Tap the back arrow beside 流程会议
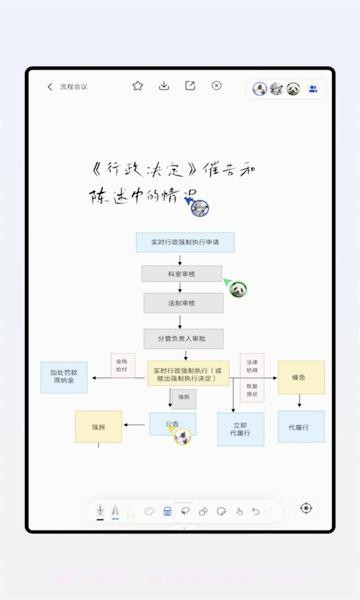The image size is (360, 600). click(x=50, y=87)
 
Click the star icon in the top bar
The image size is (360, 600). click(x=138, y=86)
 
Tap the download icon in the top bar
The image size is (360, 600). click(x=164, y=86)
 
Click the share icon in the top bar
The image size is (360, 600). click(x=190, y=86)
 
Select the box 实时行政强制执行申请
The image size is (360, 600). click(x=185, y=242)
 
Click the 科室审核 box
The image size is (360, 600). click(x=182, y=273)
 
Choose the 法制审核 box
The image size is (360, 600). click(x=183, y=302)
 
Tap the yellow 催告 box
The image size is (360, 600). click(x=300, y=377)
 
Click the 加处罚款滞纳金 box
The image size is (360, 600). click(x=64, y=377)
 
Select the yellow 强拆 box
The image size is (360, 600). click(x=98, y=426)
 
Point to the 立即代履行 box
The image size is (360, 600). click(x=240, y=427)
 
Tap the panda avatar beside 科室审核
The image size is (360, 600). click(x=238, y=289)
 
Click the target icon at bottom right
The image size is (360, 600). click(x=306, y=509)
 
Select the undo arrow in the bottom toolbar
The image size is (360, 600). click(x=255, y=511)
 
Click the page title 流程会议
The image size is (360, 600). click(x=74, y=87)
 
